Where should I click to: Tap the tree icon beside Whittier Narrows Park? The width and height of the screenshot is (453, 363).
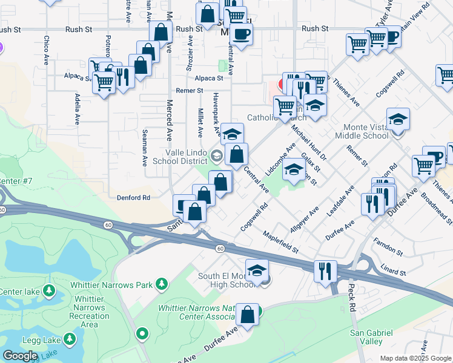tap(161, 283)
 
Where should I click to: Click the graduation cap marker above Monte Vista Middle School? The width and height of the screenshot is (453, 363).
tap(398, 119)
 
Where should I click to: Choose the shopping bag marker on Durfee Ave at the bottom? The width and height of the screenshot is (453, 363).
tap(247, 315)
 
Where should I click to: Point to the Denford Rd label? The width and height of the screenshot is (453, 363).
tap(133, 198)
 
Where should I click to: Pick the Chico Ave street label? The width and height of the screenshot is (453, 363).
tap(46, 50)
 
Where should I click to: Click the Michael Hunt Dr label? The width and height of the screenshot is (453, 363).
tap(309, 140)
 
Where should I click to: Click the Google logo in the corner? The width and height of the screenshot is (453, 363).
tap(21, 356)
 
